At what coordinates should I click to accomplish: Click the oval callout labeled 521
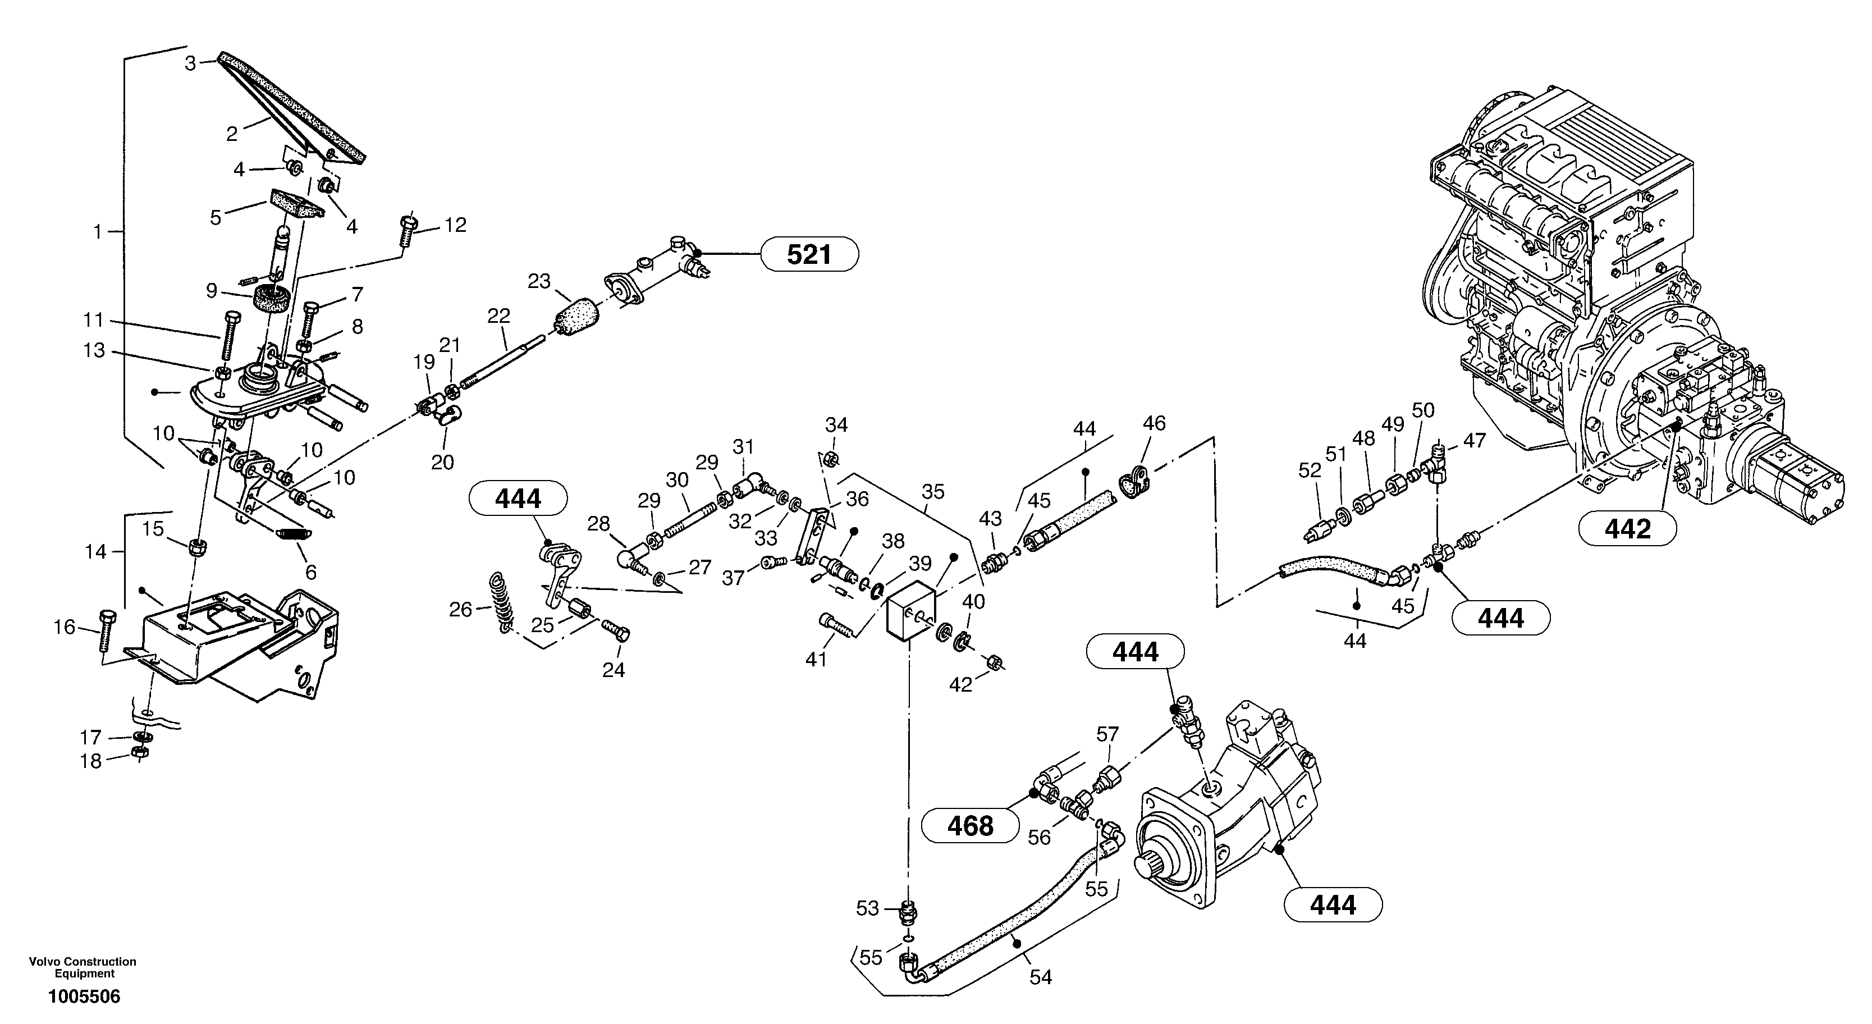(809, 254)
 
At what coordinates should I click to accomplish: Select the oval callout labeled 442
(1627, 528)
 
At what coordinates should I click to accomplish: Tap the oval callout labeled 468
(970, 826)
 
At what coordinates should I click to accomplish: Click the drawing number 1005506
(84, 996)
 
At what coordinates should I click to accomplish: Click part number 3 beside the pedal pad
(190, 63)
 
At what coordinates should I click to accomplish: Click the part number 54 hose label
(1041, 977)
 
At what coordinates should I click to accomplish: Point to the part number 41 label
(816, 659)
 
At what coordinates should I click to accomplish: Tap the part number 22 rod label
(498, 316)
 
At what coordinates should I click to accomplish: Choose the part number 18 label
(91, 762)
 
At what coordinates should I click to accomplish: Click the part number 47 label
(1475, 440)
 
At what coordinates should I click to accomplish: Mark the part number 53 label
(867, 908)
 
